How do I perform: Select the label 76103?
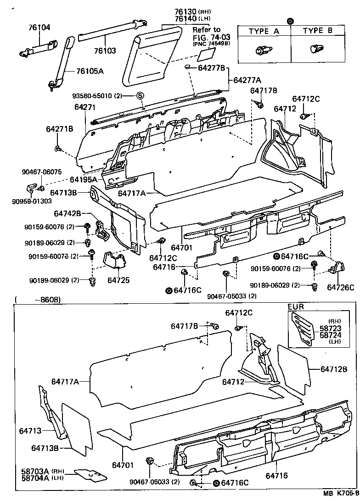(105, 51)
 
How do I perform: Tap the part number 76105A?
(90, 71)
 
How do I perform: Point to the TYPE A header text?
(264, 31)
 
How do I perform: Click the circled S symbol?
(140, 95)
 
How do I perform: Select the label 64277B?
(211, 68)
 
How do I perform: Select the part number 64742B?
(67, 214)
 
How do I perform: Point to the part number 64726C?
(341, 288)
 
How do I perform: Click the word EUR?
(296, 306)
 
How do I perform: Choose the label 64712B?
(334, 368)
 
